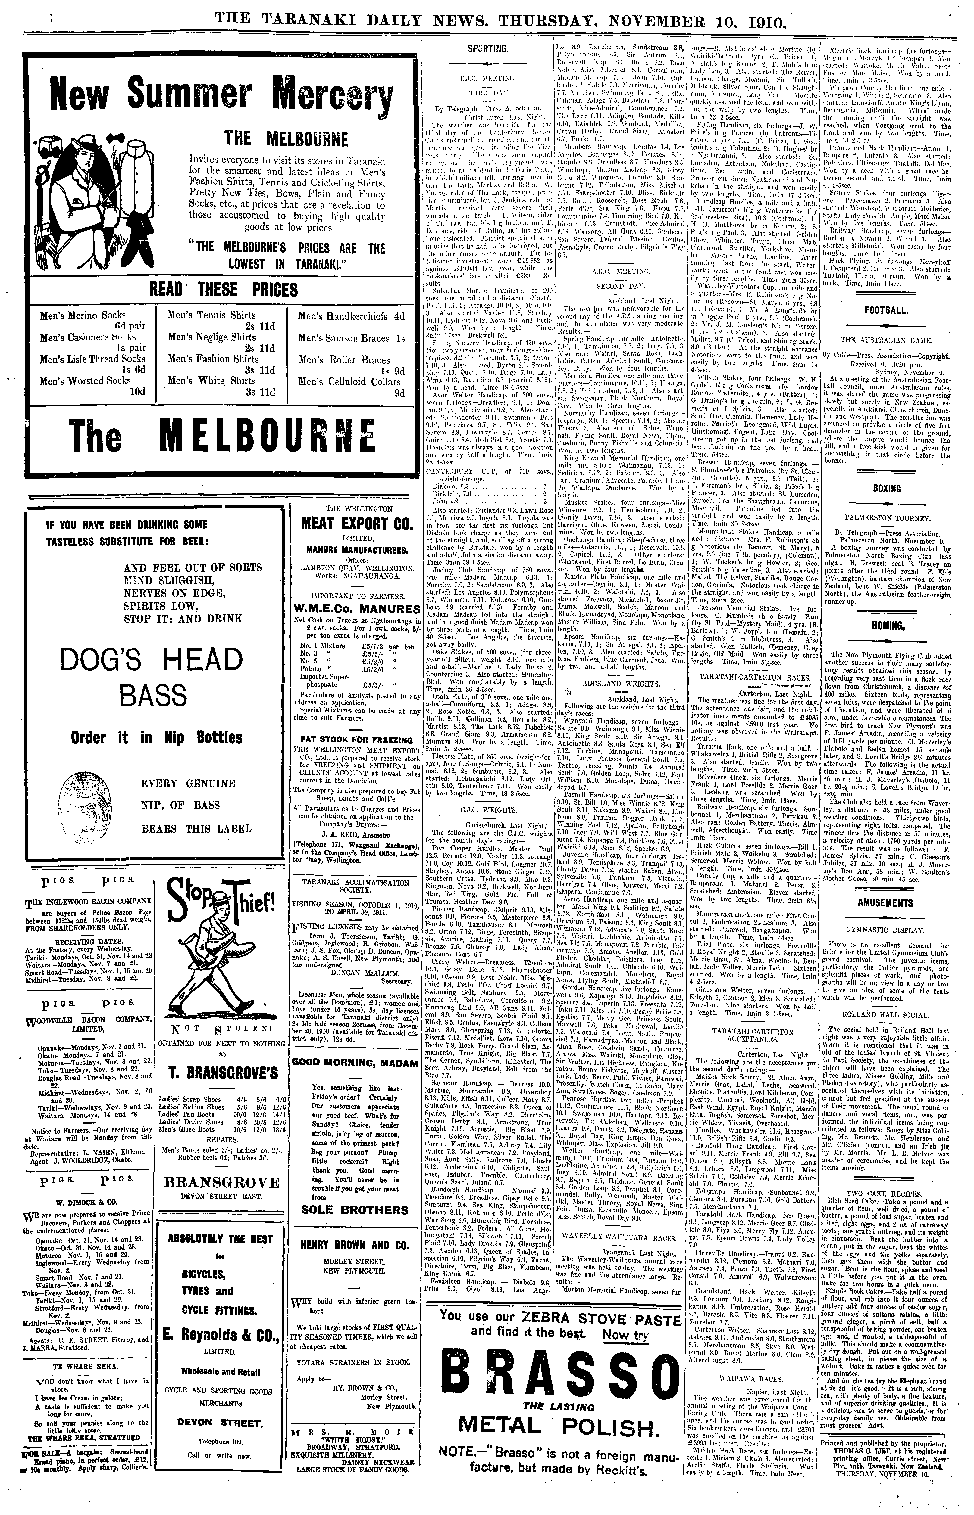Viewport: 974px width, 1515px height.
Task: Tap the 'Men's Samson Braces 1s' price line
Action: pos(351,338)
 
